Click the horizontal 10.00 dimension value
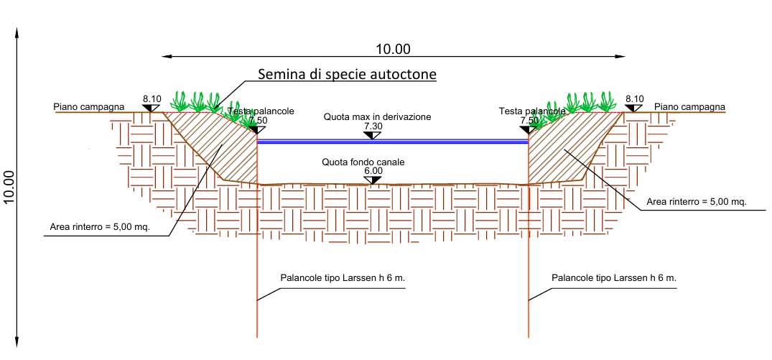393,49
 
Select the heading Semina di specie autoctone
348,74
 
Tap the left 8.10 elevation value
152,98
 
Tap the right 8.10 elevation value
635,98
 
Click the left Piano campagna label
89,106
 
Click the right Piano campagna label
689,106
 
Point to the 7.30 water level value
373,126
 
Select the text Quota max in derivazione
377,117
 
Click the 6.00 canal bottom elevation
373,171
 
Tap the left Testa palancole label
261,111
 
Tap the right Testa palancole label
531,111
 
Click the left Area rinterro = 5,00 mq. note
100,227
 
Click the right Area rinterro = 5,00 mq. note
697,201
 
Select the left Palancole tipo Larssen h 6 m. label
343,278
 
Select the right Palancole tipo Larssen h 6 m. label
614,278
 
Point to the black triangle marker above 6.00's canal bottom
373,180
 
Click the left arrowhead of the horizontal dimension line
166,57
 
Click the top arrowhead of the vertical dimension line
17,32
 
